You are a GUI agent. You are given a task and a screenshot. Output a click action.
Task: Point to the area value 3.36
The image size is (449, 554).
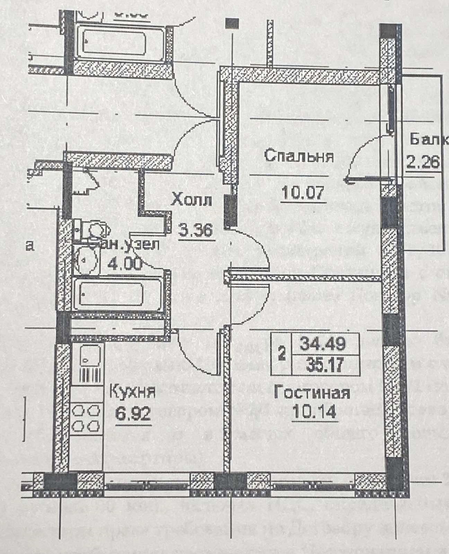point(195,230)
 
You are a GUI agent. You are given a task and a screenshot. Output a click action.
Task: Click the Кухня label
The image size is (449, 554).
point(133,392)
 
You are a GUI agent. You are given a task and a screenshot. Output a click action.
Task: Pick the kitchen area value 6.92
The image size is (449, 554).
point(133,413)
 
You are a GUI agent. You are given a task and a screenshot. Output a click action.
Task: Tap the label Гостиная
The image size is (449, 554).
point(312,393)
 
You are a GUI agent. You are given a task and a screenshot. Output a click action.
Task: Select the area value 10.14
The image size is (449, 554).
point(314,412)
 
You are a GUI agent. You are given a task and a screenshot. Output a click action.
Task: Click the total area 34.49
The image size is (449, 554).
point(323,344)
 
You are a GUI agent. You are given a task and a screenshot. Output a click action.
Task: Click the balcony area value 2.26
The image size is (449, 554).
point(423,161)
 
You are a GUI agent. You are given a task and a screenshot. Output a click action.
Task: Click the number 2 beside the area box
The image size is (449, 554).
point(282,354)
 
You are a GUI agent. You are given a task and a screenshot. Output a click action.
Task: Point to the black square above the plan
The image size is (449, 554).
point(232,23)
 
